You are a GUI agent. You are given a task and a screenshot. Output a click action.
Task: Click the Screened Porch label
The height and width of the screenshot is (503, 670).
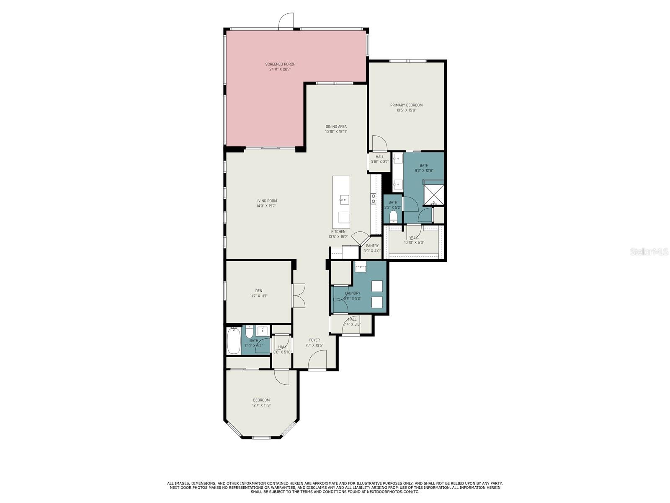click(x=280, y=64)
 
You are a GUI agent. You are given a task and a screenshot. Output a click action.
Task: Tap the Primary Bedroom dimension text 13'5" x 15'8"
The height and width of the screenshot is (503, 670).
click(x=406, y=110)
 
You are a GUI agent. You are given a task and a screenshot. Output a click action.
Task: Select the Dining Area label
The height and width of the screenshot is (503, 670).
click(x=336, y=127)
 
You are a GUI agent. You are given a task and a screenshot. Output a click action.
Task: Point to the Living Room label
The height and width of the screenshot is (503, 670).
click(x=266, y=201)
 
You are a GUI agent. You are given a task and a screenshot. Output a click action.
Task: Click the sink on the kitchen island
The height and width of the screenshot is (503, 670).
click(x=344, y=200)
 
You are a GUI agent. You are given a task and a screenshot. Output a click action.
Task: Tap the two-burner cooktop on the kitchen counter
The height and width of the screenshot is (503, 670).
click(x=373, y=199)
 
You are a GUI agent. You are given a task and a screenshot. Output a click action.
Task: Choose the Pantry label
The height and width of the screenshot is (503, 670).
click(x=372, y=246)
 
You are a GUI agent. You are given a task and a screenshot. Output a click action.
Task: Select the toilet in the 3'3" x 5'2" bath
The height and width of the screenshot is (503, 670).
click(x=393, y=217)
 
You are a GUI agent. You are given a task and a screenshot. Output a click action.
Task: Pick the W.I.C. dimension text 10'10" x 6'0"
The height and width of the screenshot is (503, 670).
click(x=414, y=243)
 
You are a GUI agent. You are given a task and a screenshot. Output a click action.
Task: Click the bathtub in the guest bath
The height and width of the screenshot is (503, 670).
click(x=234, y=340)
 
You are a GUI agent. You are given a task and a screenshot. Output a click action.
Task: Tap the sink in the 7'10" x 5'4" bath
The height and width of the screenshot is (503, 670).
click(x=262, y=330)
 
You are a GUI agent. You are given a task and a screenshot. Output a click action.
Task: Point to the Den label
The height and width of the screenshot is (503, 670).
click(x=258, y=291)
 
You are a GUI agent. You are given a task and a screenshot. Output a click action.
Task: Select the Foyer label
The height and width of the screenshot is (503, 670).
click(x=314, y=340)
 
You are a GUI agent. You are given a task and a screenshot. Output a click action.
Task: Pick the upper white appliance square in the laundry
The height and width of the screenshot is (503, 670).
click(x=377, y=286)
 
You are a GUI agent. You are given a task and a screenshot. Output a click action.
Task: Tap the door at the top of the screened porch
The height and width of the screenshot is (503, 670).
click(x=286, y=21)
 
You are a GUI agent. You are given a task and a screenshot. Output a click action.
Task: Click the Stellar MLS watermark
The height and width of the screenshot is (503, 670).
click(x=649, y=251)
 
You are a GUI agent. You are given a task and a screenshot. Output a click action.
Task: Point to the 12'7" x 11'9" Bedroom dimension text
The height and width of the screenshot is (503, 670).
click(x=261, y=405)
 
